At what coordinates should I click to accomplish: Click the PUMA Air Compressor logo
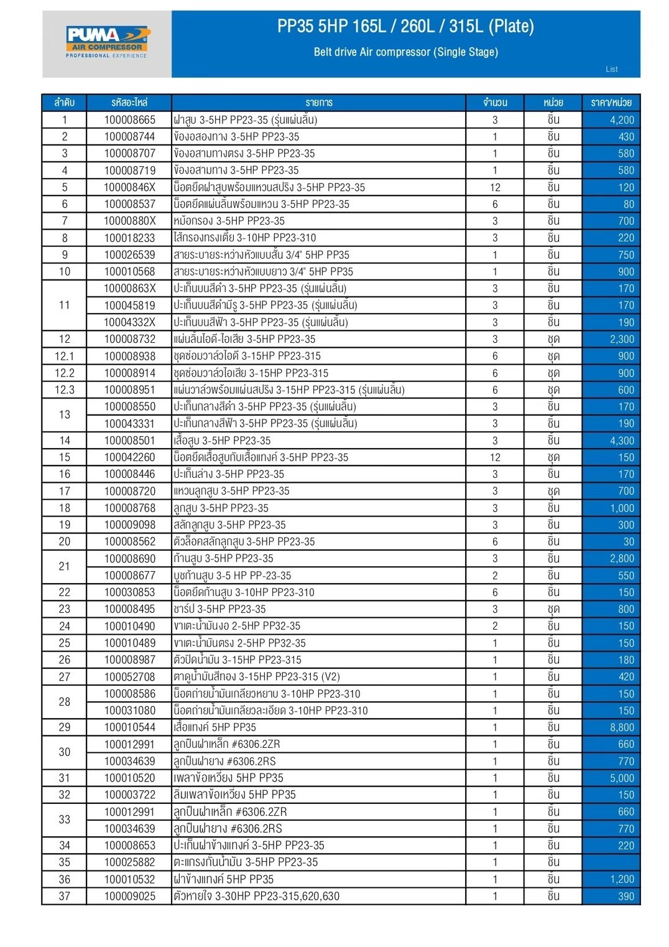coord(107,42)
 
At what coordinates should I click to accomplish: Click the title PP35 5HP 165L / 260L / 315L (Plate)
coord(405,26)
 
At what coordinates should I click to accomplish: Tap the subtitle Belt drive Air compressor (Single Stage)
coord(405,52)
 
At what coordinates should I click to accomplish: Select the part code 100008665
coord(129,120)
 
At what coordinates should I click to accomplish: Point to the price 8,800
coord(621,727)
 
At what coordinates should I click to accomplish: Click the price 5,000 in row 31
coord(621,778)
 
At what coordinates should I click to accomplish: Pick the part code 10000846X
coord(129,187)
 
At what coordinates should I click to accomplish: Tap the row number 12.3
coord(65,390)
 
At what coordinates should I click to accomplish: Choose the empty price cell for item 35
coord(611,862)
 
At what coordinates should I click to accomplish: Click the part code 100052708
coord(129,677)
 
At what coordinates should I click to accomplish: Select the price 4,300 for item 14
coord(621,441)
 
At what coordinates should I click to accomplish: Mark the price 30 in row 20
coord(629,542)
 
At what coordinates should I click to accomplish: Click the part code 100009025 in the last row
coord(129,897)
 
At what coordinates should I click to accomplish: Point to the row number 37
coord(65,897)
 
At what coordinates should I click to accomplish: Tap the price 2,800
coord(621,559)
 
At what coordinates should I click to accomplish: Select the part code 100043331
coord(129,424)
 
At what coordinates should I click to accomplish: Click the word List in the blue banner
coord(612,70)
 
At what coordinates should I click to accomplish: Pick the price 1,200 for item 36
coord(621,880)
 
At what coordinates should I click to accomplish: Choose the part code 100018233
coord(129,238)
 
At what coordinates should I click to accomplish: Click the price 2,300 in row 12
coord(621,339)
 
